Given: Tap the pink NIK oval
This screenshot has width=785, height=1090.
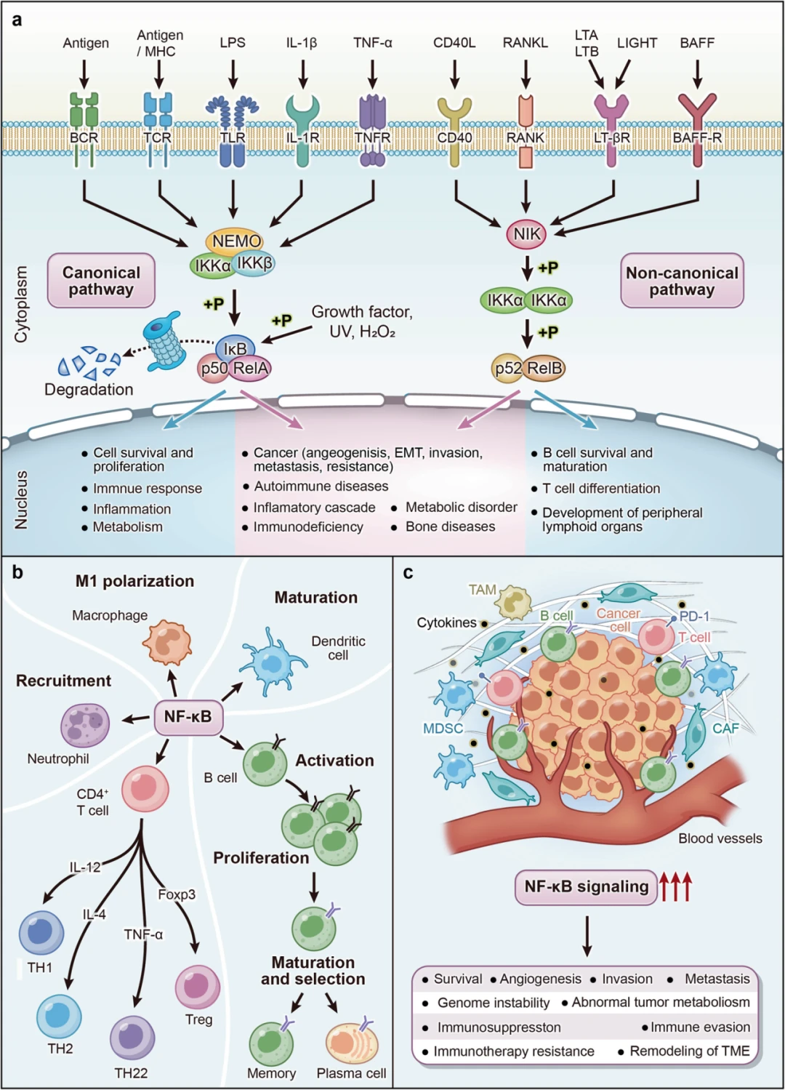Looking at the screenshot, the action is point(526,234).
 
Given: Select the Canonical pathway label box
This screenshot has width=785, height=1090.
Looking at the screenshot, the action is point(101,280).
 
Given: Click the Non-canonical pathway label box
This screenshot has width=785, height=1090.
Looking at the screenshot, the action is point(682,280).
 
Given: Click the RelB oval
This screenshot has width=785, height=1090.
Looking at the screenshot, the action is point(544,368).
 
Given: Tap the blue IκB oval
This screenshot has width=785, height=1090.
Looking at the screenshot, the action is point(235,348).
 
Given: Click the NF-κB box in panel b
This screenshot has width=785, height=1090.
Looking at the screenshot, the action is point(188,717).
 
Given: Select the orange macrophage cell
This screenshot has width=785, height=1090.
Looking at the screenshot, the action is point(167,642).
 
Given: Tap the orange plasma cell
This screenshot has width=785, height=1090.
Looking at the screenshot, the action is point(352,1042).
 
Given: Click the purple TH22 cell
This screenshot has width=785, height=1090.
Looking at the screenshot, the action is point(132,1038).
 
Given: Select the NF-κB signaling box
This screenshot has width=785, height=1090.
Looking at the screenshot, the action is point(586,887).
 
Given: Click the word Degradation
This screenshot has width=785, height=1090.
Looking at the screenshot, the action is point(89,389).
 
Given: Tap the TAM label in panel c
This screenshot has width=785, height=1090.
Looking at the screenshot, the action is point(483,590).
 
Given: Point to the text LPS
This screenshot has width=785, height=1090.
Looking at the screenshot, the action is point(233,43).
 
